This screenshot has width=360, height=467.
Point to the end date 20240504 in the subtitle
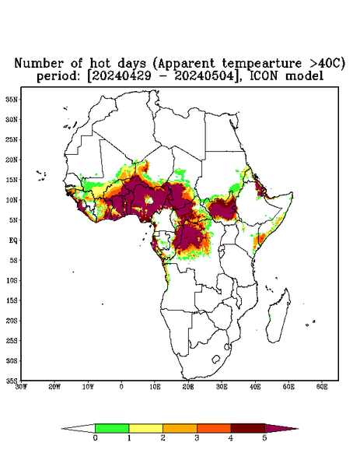pyautogui.click(x=204, y=76)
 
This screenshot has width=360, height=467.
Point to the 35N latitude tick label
pyautogui.click(x=12, y=99)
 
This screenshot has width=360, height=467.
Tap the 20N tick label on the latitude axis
pyautogui.click(x=12, y=160)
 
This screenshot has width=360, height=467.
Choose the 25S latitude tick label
pyautogui.click(x=12, y=340)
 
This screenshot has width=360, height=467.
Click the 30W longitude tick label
pyautogui.click(x=21, y=387)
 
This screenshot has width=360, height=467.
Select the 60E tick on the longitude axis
pyautogui.click(x=322, y=387)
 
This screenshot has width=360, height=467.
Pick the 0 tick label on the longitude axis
pyautogui.click(x=121, y=387)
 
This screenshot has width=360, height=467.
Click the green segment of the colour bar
pyautogui.click(x=112, y=428)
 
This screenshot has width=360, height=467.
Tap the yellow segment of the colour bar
pyautogui.click(x=145, y=428)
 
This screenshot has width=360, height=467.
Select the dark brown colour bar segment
pyautogui.click(x=248, y=428)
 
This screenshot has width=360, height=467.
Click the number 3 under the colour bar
pyautogui.click(x=197, y=438)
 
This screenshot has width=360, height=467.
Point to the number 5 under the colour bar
pyautogui.click(x=264, y=438)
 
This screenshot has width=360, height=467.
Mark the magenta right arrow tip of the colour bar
pyautogui.click(x=298, y=429)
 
